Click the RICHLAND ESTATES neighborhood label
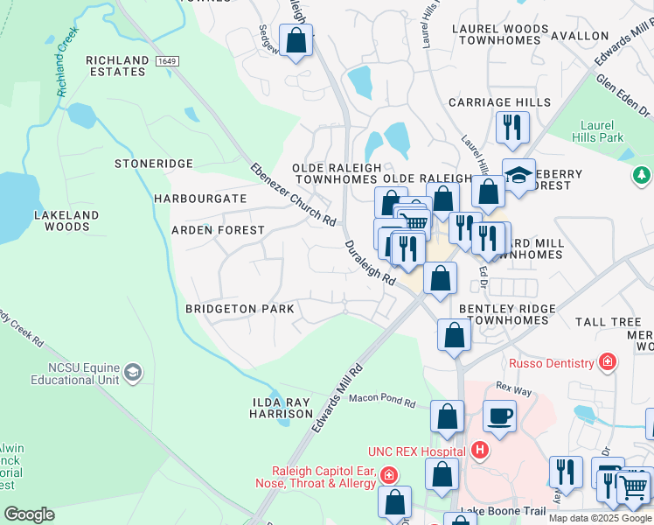(117, 66)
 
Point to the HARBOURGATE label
(200, 199)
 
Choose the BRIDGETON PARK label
(240, 309)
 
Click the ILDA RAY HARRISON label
(281, 408)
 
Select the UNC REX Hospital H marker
(478, 451)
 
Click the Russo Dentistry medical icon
(607, 361)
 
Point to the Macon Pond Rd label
(382, 400)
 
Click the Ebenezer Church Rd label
(293, 194)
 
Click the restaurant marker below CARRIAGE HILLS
(512, 127)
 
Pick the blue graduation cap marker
(518, 173)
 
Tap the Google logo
(28, 514)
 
